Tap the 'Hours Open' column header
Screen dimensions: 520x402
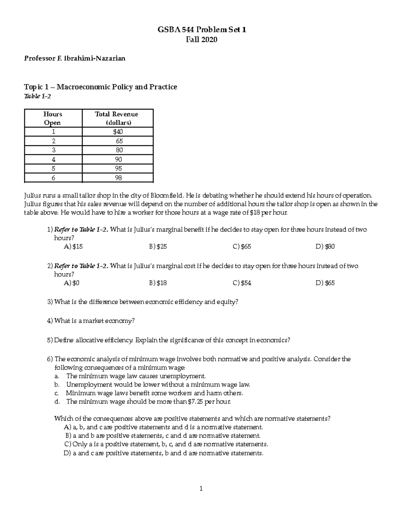point(53,118)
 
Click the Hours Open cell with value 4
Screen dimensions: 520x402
point(53,159)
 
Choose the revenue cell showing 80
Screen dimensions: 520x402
point(119,150)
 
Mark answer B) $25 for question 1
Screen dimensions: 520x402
point(158,247)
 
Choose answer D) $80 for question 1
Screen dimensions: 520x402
point(325,247)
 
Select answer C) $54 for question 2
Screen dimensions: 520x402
point(242,283)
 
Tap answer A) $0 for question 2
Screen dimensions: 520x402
point(71,283)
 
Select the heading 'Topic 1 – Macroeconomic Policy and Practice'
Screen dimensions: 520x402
point(100,87)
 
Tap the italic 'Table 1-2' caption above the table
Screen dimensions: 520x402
point(38,97)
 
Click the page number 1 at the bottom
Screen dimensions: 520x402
point(201,489)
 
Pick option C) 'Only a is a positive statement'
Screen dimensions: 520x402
point(166,444)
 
